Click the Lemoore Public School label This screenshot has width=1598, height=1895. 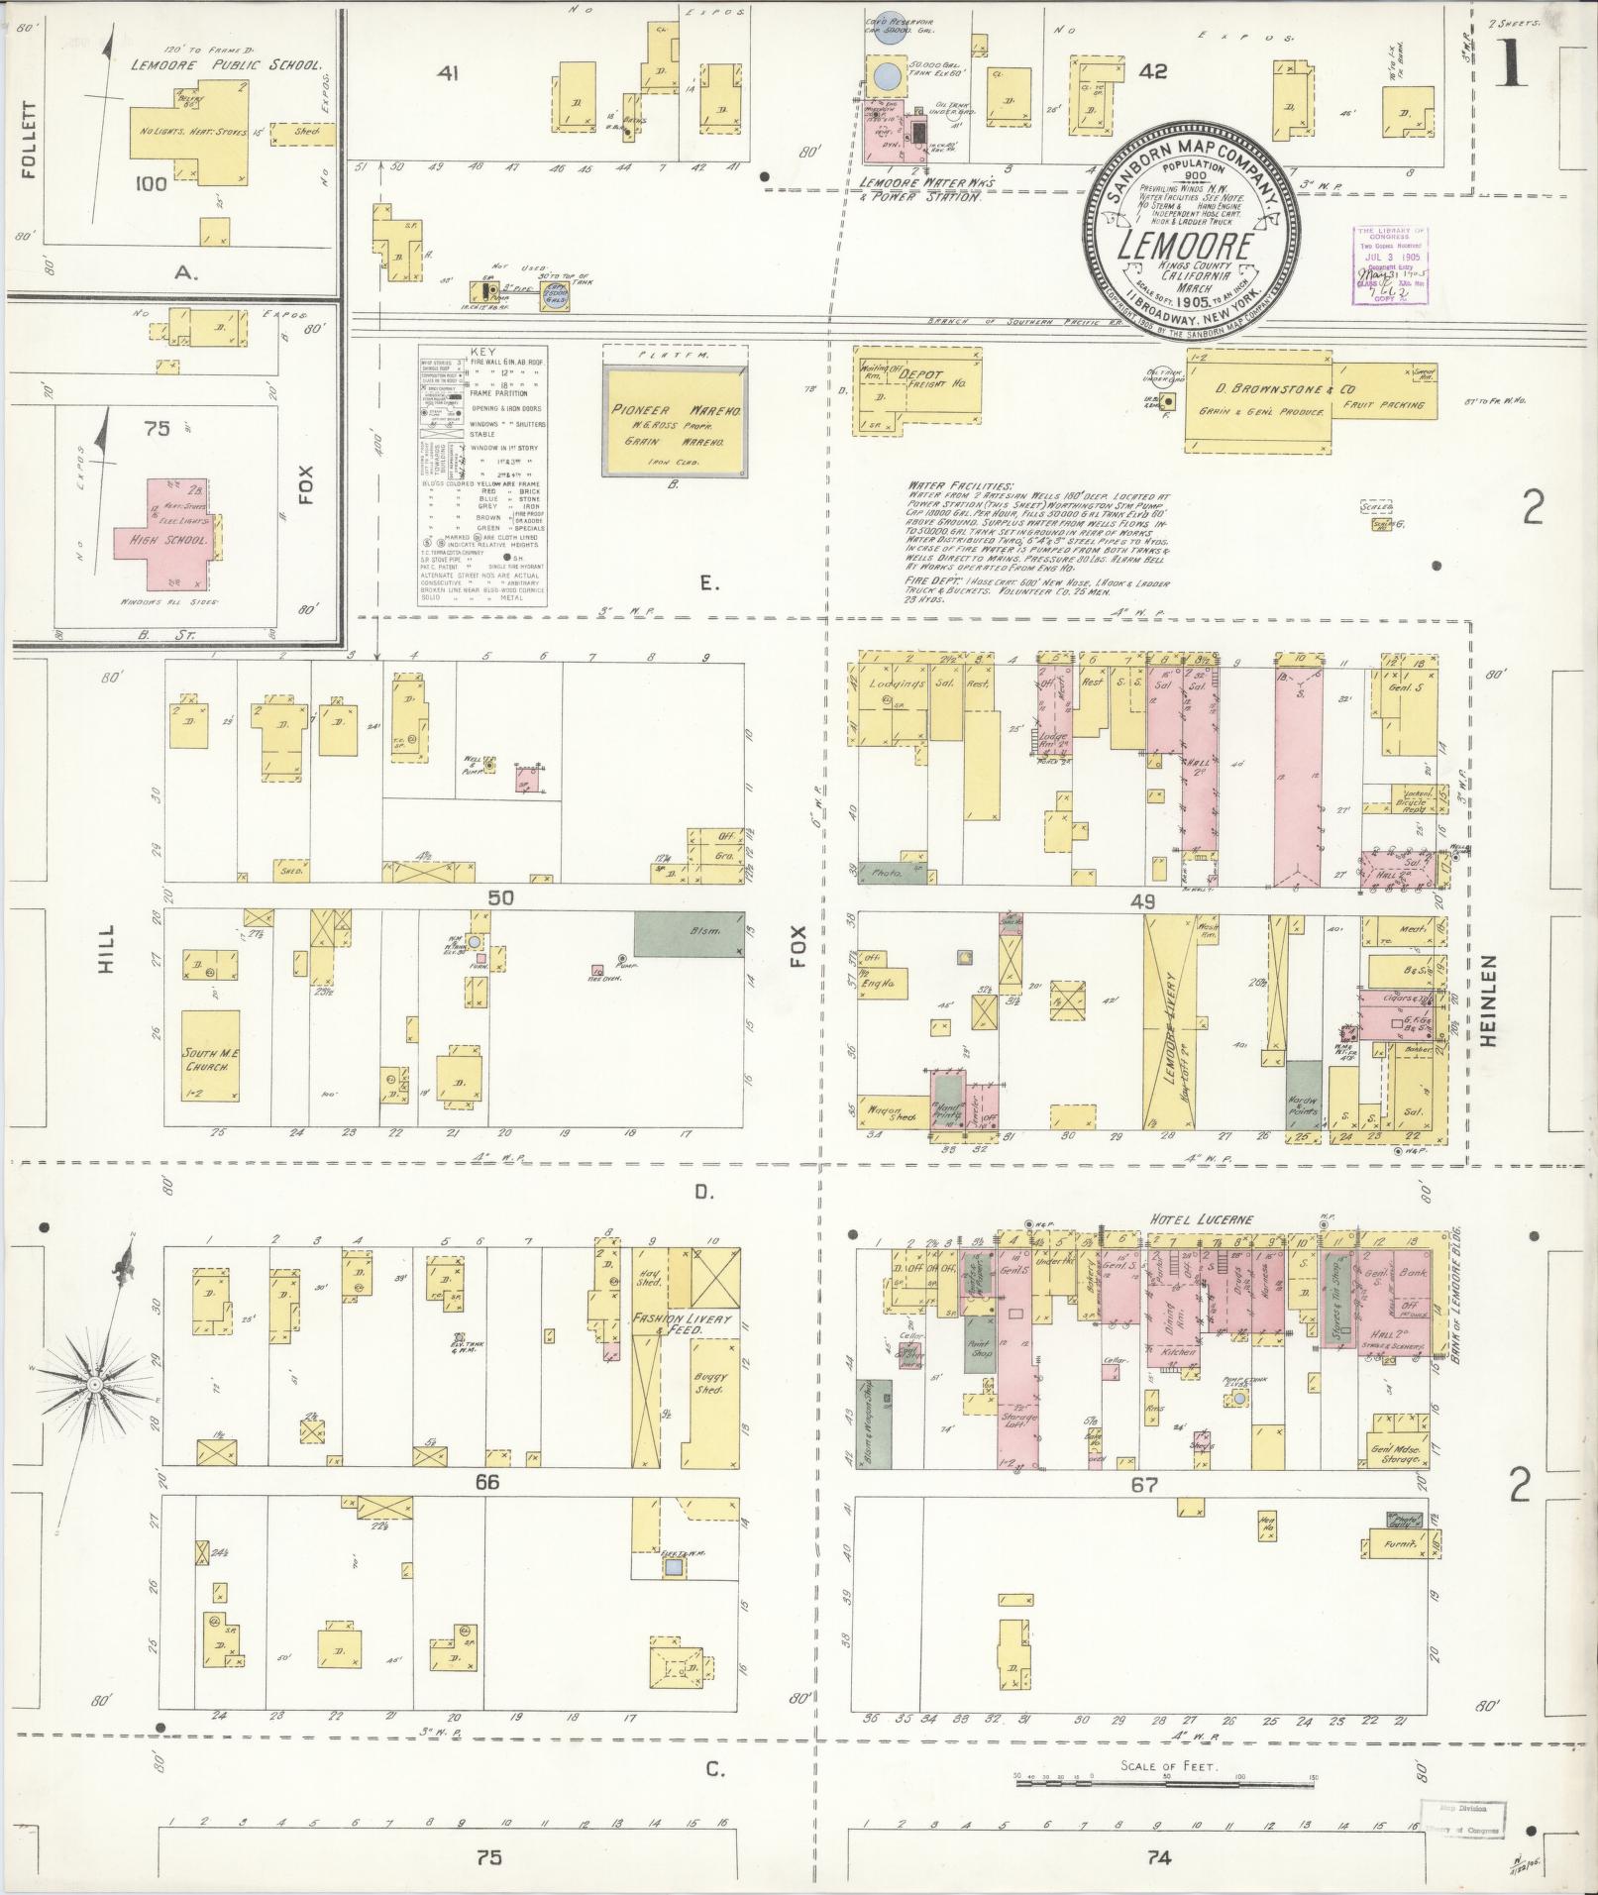click(227, 65)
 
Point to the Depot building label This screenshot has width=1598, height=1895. click(921, 377)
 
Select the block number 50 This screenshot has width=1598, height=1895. click(500, 896)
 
